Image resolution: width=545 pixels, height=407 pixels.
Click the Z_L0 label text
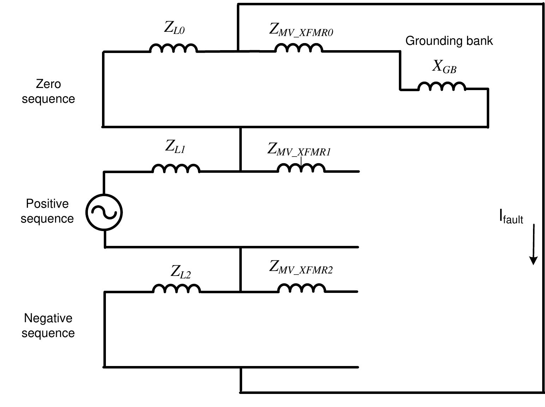[x=174, y=28]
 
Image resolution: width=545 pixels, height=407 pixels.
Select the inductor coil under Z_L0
[x=174, y=48]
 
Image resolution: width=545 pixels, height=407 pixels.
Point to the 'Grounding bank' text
[x=449, y=41]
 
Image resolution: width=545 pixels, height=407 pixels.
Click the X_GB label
[x=444, y=66]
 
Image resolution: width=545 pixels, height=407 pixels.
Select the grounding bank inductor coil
[x=442, y=87]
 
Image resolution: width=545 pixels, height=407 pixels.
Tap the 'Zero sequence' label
[x=48, y=92]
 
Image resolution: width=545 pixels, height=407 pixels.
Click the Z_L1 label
[x=175, y=146]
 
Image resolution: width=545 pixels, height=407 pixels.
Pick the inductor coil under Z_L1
[x=176, y=169]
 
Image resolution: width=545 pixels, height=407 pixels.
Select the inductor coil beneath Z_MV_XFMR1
[x=301, y=168]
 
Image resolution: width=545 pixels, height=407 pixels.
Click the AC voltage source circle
[x=104, y=212]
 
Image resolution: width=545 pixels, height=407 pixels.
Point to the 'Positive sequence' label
[x=47, y=211]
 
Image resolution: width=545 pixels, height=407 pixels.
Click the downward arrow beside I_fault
[x=533, y=244]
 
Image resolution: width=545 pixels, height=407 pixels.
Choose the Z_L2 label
[x=181, y=272]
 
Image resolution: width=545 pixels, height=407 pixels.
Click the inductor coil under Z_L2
[x=176, y=289]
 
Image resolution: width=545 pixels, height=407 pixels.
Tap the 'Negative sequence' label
[x=48, y=326]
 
